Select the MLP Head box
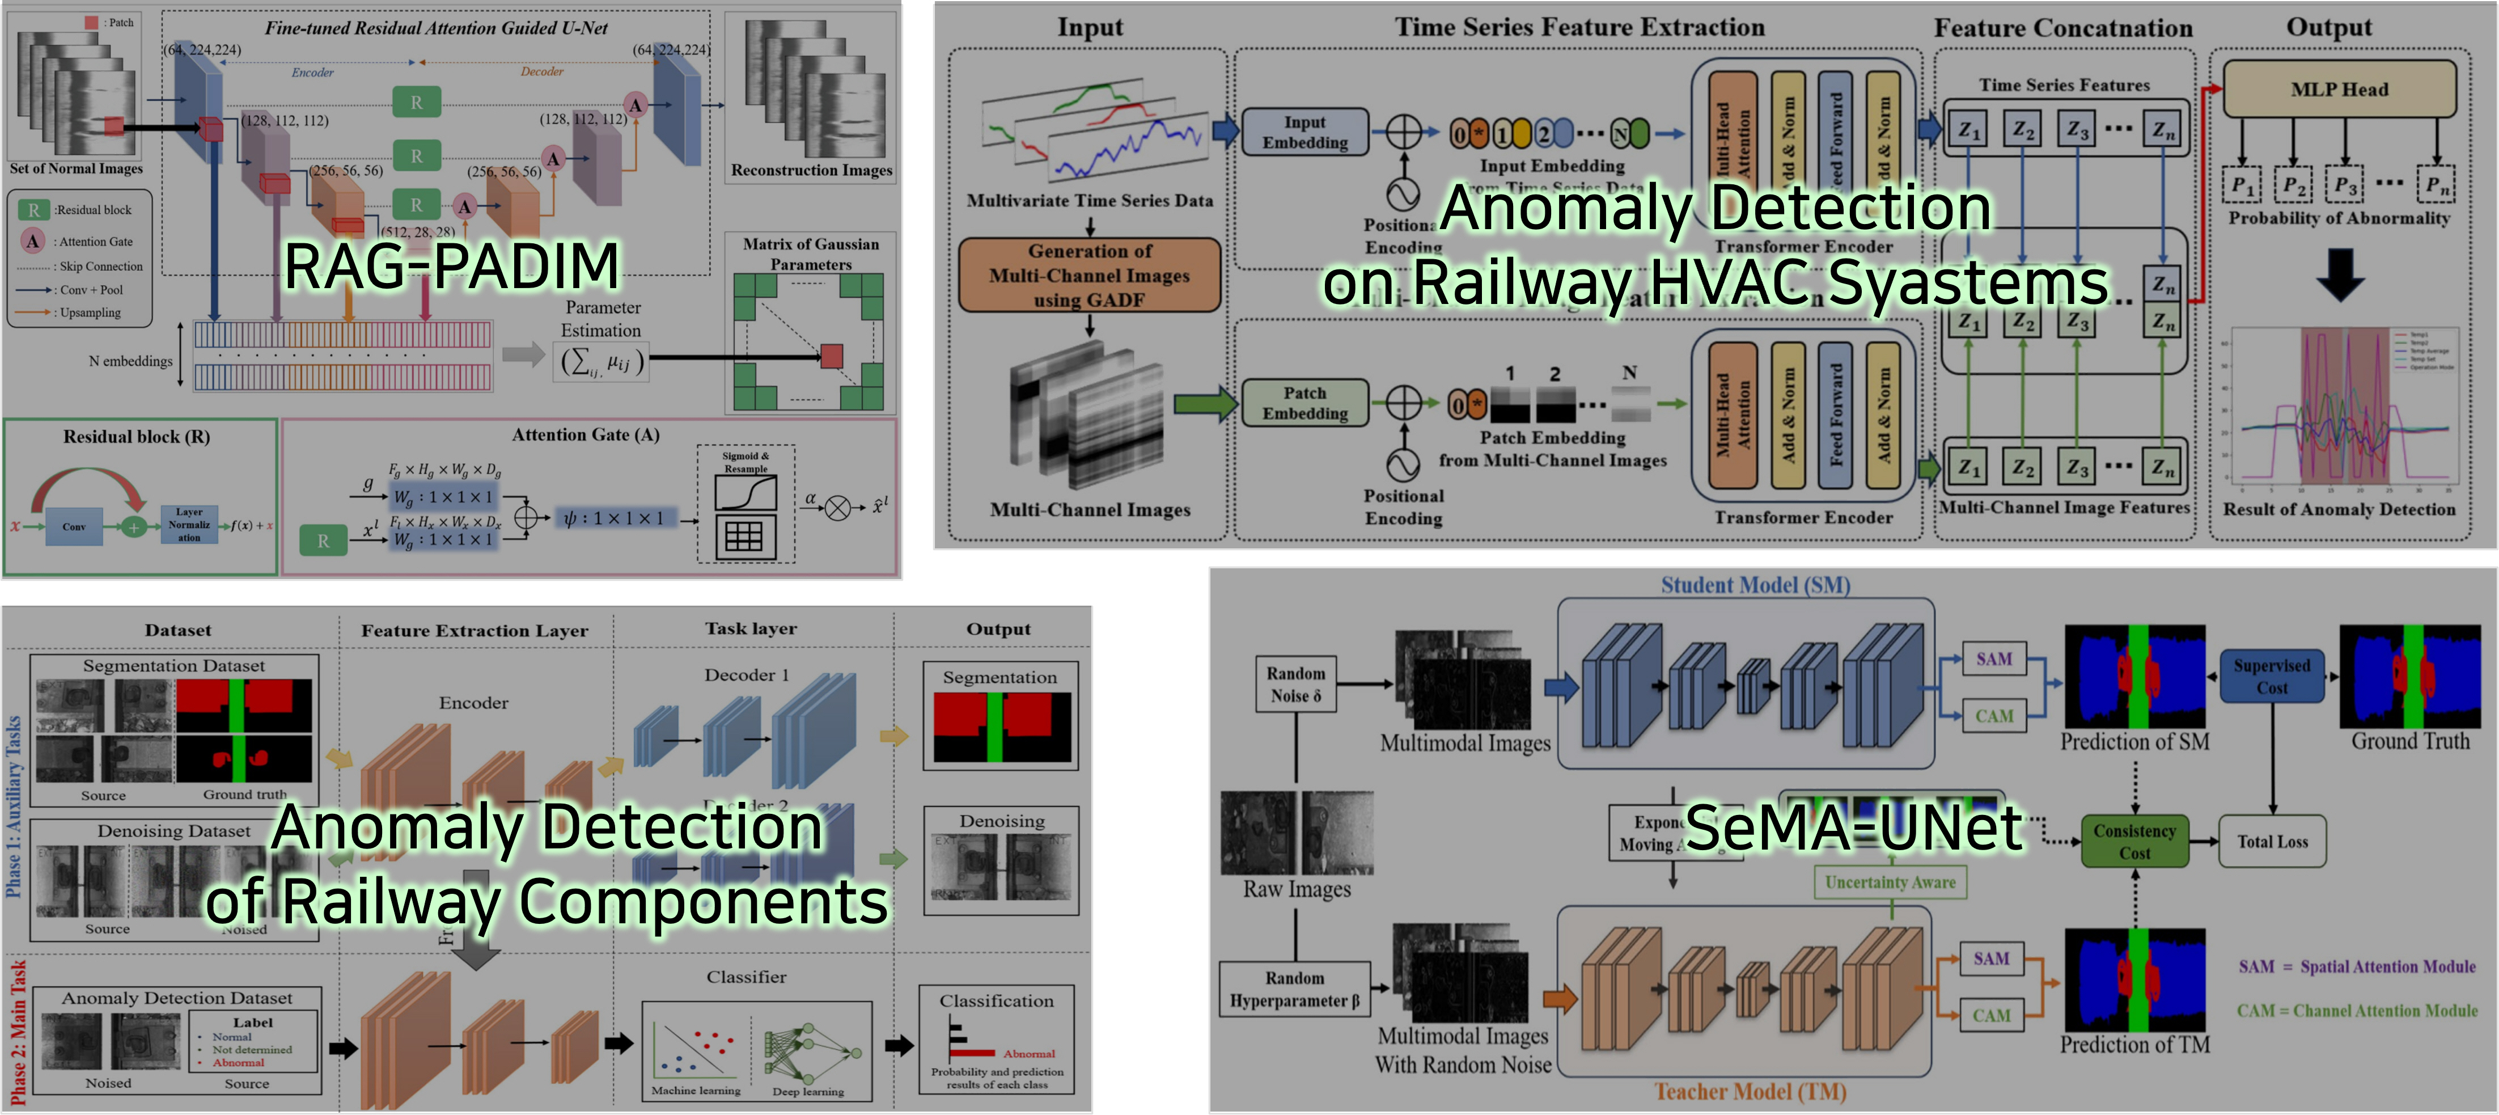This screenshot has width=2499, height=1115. point(2339,89)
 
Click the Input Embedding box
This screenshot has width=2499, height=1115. point(1305,132)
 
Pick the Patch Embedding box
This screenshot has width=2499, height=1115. point(1305,403)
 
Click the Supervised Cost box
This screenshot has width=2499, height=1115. point(2271,677)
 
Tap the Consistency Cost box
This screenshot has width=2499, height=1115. point(2134,841)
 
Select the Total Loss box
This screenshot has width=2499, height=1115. point(2272,841)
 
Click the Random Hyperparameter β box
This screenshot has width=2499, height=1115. point(1294,989)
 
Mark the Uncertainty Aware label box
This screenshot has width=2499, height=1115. point(1890,882)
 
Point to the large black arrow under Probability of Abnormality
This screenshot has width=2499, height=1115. point(2340,274)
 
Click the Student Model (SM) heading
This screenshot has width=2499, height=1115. point(1755,585)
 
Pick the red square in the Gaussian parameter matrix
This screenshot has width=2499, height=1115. point(831,356)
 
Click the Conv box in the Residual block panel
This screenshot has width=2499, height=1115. point(75,526)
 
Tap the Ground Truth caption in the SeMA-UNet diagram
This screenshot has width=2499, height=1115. point(2410,741)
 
